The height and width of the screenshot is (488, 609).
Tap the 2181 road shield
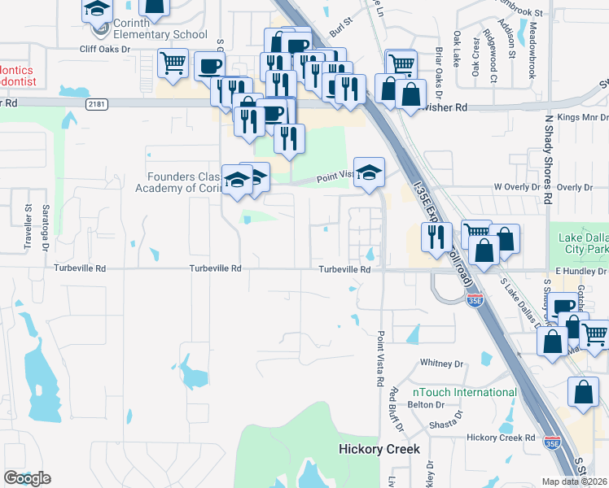[x=97, y=103]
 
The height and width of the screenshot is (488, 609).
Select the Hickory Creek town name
[x=379, y=449]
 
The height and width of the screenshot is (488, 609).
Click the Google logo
[x=27, y=478]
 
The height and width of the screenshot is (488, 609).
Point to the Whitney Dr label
[x=440, y=363]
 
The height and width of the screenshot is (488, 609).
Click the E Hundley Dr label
[x=581, y=269]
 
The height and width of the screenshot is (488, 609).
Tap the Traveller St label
[x=28, y=225]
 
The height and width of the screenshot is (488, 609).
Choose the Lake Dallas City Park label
[x=583, y=242]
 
